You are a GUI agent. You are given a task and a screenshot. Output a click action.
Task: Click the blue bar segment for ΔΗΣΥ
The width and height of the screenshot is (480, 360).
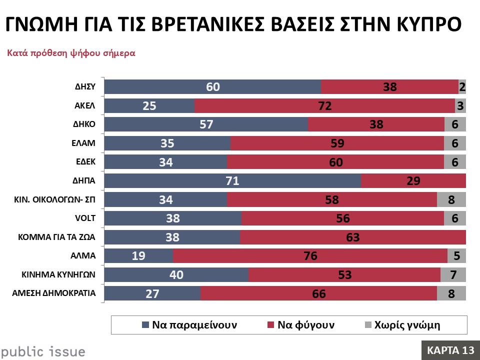tap(212, 87)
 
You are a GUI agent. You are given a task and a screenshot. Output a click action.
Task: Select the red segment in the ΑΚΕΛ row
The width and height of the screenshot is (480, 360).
tap(324, 105)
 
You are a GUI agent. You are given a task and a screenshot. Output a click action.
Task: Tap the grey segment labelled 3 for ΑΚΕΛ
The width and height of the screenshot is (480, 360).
tap(460, 105)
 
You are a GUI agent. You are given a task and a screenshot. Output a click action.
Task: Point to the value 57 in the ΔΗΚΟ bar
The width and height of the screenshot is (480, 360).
tap(206, 124)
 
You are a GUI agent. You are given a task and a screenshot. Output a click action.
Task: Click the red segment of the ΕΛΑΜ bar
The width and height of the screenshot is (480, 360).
tap(337, 143)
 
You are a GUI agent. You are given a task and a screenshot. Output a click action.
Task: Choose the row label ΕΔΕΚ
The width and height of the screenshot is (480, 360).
tap(85, 162)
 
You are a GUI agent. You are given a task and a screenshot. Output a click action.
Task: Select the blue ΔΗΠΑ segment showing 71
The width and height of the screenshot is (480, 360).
tap(232, 181)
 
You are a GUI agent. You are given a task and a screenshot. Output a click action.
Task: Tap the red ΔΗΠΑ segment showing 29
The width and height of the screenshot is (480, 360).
tap(413, 181)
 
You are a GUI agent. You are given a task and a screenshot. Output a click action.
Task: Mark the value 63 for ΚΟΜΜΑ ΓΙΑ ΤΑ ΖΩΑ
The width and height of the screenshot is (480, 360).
tap(353, 237)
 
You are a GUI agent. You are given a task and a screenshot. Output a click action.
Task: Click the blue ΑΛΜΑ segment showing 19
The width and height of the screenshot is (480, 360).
tap(138, 256)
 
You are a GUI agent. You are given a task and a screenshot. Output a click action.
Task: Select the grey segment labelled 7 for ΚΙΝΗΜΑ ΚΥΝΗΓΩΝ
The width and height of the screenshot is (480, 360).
tap(453, 274)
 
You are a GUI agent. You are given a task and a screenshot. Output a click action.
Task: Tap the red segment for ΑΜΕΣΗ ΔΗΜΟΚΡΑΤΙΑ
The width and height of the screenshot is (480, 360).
tap(318, 293)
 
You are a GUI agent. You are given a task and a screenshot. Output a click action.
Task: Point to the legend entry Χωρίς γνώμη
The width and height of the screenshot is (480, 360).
tap(402, 325)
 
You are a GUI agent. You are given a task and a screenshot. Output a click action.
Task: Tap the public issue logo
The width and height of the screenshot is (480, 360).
tap(42, 351)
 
